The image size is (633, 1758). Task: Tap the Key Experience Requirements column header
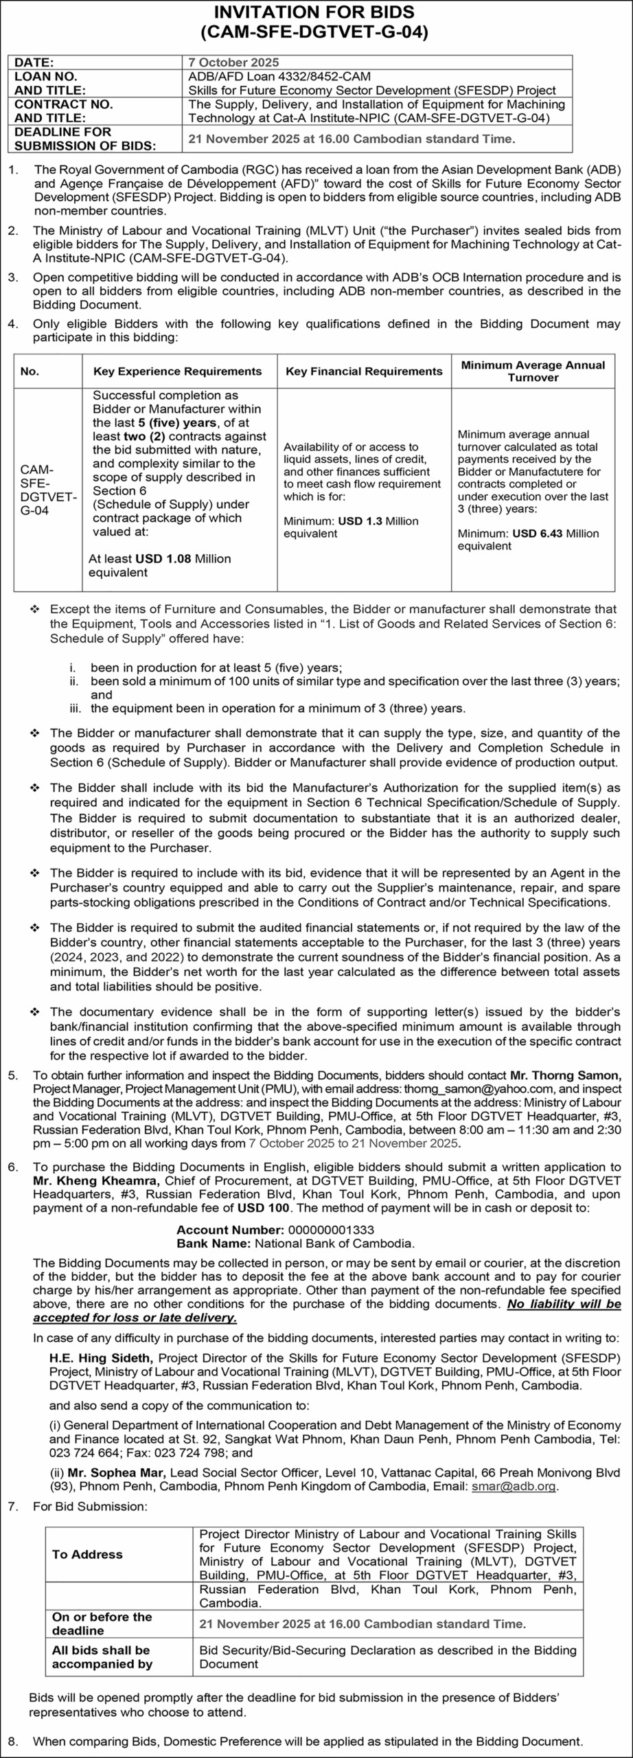pos(177,372)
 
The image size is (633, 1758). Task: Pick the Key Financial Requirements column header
pos(364,372)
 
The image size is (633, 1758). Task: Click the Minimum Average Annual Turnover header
pos(533,372)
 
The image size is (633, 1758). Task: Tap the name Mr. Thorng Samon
pos(565,1075)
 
